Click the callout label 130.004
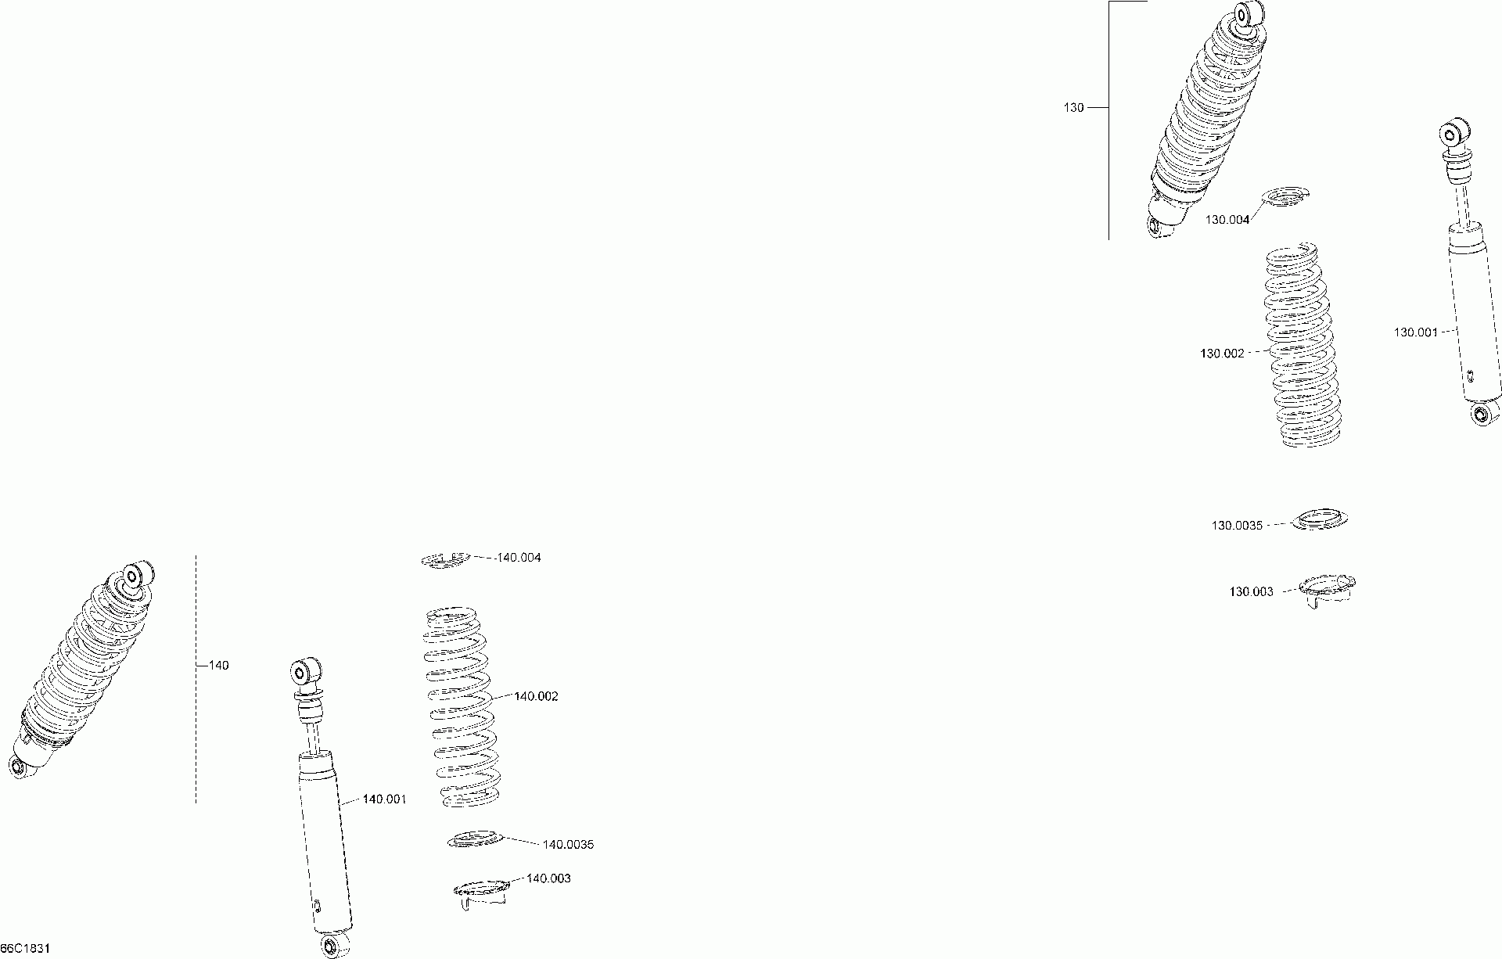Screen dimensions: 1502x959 tap(1227, 220)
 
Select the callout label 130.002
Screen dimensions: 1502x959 tap(1221, 354)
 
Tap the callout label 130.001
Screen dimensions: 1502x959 tap(1415, 332)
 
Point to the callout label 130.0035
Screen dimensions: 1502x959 tap(1237, 526)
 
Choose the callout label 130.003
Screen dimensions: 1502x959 tap(1251, 592)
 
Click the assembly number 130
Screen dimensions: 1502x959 tap(1073, 108)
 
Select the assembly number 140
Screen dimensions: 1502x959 tap(219, 666)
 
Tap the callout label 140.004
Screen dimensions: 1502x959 tap(519, 558)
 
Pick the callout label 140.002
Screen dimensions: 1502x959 tap(536, 696)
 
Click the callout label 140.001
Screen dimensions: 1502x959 tap(384, 799)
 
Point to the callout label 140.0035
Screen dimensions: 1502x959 tap(568, 845)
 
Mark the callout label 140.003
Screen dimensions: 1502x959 tap(548, 878)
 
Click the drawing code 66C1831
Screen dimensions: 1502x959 tap(25, 948)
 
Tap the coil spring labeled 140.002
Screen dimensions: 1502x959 tap(460, 706)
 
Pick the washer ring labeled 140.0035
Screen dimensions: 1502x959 tap(474, 840)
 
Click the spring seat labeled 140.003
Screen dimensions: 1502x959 tap(482, 893)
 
